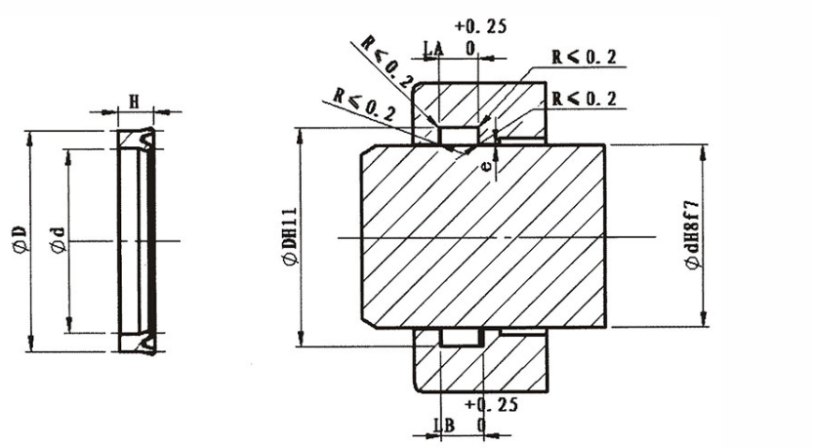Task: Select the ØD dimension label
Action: [19, 237]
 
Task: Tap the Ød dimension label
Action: [59, 239]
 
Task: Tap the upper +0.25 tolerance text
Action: [480, 26]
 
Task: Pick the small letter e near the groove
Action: [485, 166]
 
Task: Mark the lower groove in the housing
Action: [458, 338]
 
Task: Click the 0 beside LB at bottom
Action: [480, 427]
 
